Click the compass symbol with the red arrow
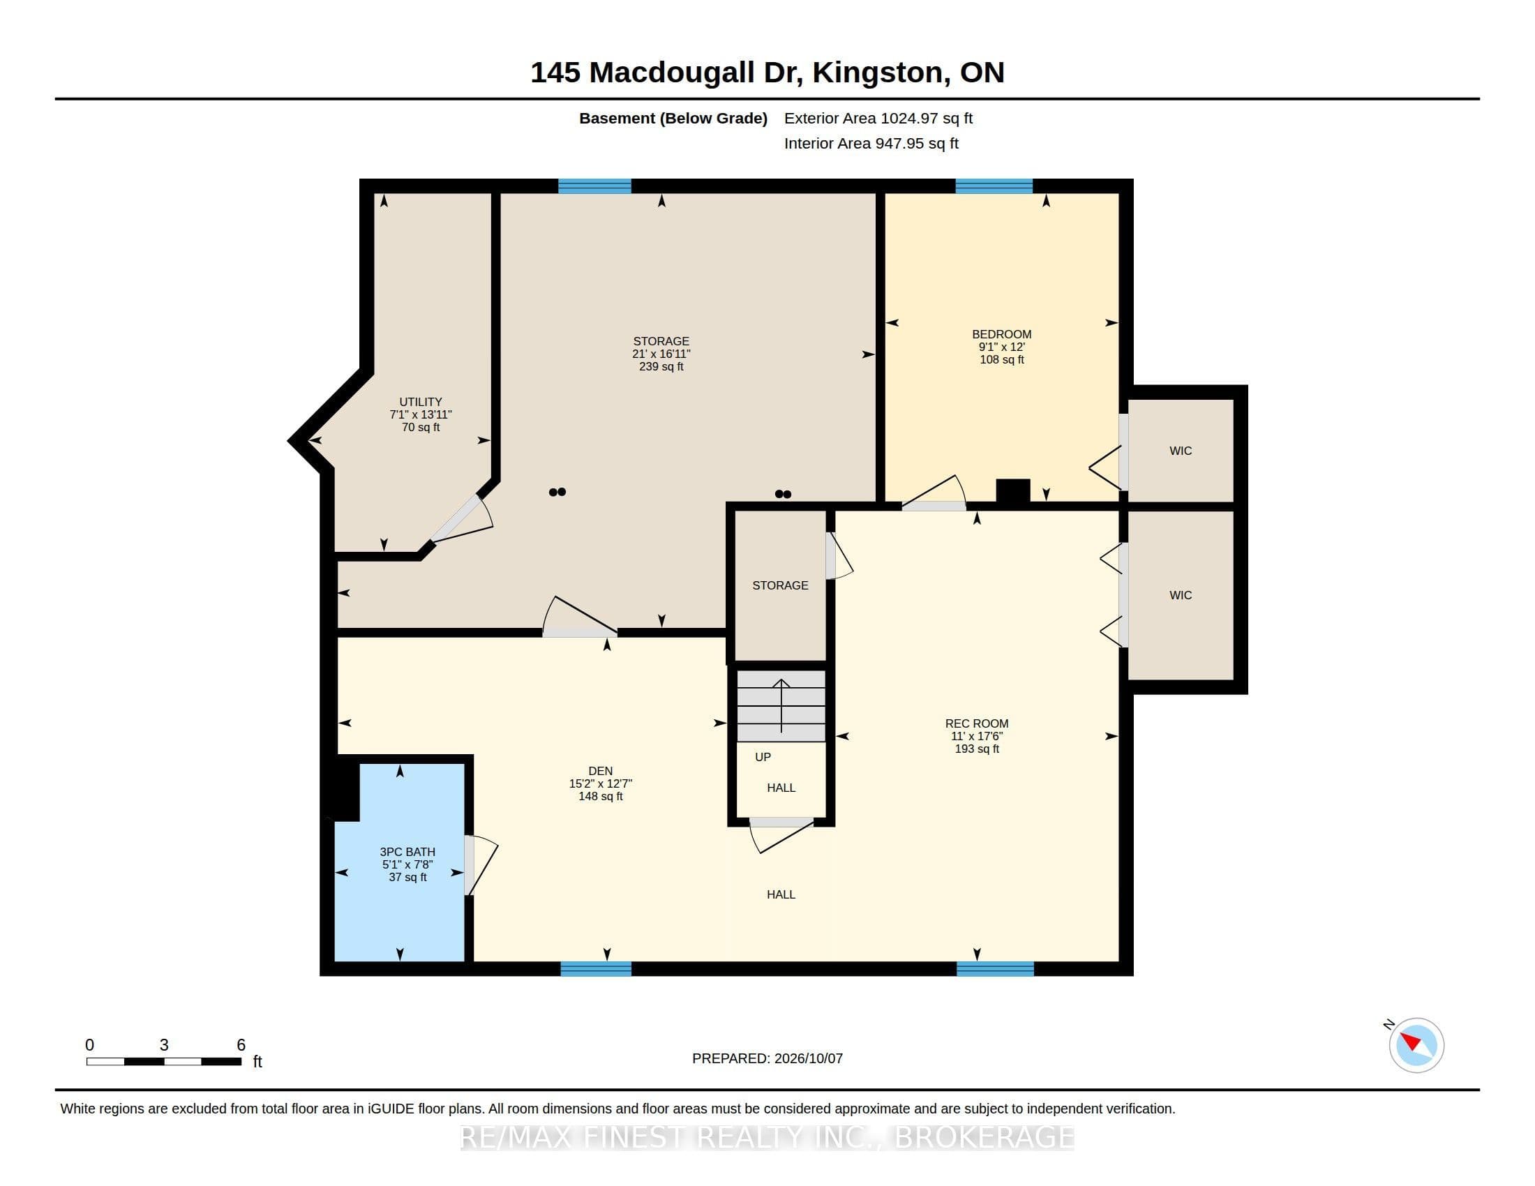(x=1416, y=1045)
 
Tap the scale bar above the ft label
(x=164, y=1062)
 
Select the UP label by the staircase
(x=763, y=758)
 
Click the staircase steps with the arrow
(x=781, y=705)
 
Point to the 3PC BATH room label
(x=407, y=852)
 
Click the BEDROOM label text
(x=1001, y=334)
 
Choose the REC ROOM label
(x=976, y=723)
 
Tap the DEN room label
(x=600, y=771)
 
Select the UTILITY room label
(x=420, y=402)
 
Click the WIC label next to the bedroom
(x=1181, y=451)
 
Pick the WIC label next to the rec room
(x=1181, y=596)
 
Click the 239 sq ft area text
(x=661, y=367)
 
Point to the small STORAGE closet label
(x=780, y=586)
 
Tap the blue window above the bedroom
(x=994, y=186)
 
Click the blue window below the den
(x=596, y=969)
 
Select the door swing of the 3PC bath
(x=481, y=865)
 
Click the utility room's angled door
(x=461, y=520)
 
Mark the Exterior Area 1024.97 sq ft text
(x=878, y=119)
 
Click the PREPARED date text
(x=767, y=1059)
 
